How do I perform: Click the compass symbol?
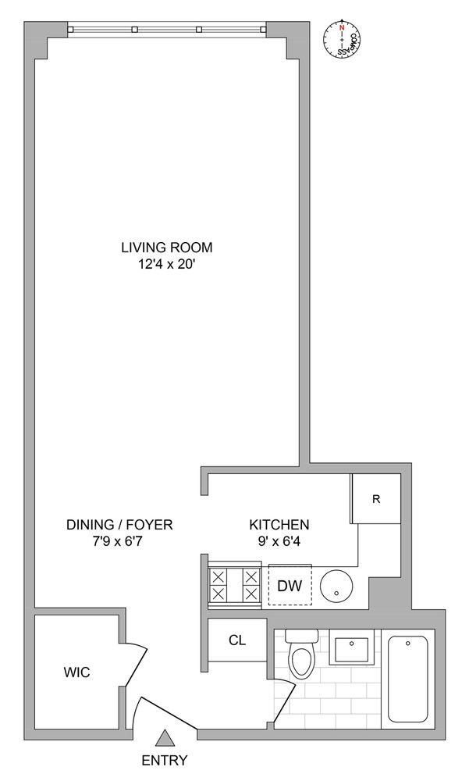[342, 39]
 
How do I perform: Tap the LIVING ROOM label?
[167, 247]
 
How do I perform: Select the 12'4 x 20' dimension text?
[167, 265]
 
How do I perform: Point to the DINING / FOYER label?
[119, 525]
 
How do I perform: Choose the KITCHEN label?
[279, 525]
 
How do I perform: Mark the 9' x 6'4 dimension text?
[279, 541]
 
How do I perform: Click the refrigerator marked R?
[376, 498]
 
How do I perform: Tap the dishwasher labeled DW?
[290, 585]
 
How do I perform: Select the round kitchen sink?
[336, 587]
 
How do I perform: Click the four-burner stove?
[234, 585]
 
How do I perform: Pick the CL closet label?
[237, 640]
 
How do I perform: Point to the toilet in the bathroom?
[302, 653]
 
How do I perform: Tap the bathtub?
[408, 679]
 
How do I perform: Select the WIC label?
[76, 672]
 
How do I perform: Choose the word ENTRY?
[165, 761]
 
